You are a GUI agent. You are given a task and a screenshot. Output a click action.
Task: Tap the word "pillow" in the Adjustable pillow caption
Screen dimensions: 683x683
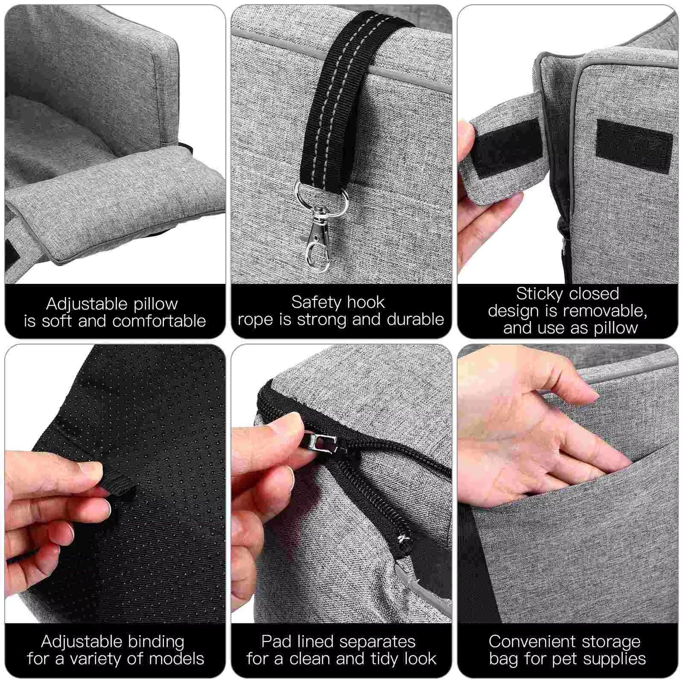point(155,304)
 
